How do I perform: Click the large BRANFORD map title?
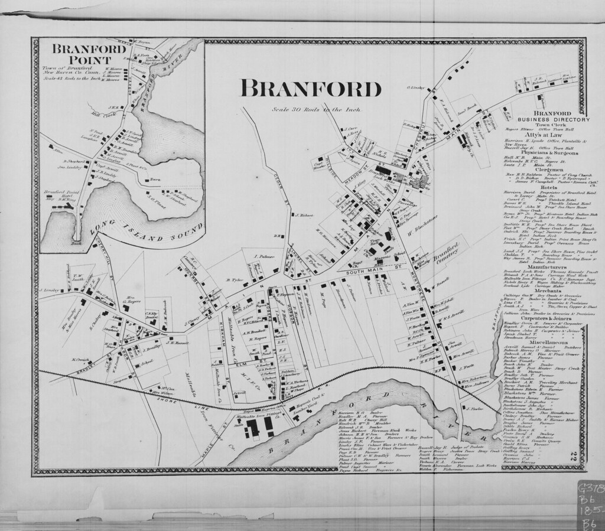(311, 89)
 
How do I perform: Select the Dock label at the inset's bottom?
(58, 242)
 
